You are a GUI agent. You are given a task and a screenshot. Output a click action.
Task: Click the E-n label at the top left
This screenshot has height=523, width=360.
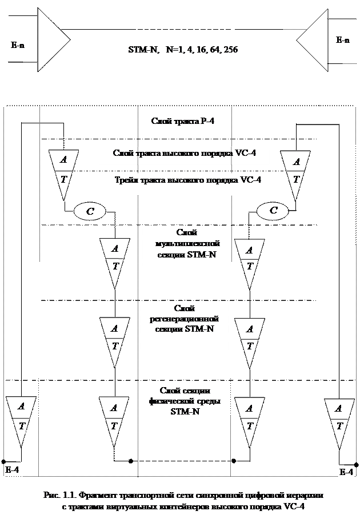coord(17,45)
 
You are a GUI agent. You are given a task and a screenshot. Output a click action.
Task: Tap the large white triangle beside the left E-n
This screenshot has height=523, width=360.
coord(50,40)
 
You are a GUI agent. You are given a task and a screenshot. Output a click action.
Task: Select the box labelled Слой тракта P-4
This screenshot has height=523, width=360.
coord(183,122)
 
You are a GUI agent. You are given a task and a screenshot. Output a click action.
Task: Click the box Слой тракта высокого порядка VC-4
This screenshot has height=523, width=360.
coord(183,155)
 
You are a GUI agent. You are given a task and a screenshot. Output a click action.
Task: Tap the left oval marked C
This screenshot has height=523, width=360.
coord(90,211)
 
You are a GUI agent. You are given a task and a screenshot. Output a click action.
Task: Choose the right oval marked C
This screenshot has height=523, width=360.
coord(273,211)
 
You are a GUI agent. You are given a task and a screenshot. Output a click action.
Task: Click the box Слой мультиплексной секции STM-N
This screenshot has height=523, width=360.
coord(186,246)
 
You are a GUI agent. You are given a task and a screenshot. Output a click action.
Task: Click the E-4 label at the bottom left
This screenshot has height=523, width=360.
coord(12,470)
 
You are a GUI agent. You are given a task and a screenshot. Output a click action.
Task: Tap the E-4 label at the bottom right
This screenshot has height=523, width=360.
coord(346,472)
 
